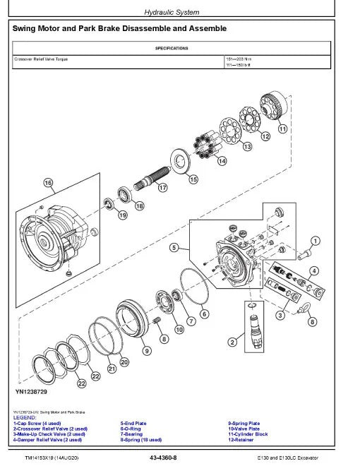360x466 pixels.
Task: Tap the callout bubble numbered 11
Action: point(282,129)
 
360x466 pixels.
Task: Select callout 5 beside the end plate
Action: point(174,248)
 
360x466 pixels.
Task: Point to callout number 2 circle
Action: point(231,342)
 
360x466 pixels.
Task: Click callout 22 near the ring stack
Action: point(82,383)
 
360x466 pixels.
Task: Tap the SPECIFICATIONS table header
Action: point(172,49)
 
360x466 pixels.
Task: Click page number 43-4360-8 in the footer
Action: point(163,458)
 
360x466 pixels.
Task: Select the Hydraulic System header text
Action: point(172,12)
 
